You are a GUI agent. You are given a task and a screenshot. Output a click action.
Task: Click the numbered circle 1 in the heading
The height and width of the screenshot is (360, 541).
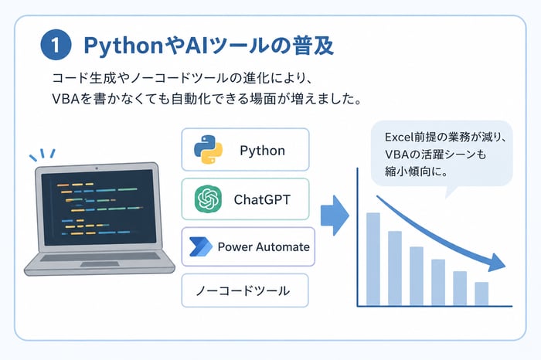pyautogui.click(x=56, y=45)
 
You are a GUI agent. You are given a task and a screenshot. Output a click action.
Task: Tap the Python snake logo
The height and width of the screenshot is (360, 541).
pyautogui.click(x=208, y=149)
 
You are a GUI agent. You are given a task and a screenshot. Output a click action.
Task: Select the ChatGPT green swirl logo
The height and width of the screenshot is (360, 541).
pyautogui.click(x=208, y=199)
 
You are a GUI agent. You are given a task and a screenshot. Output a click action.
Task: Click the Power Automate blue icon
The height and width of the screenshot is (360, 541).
pyautogui.click(x=200, y=246)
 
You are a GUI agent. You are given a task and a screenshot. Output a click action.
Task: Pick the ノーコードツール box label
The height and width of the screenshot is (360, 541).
pyautogui.click(x=243, y=290)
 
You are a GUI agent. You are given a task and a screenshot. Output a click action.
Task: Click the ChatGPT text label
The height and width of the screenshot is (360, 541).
pyautogui.click(x=262, y=199)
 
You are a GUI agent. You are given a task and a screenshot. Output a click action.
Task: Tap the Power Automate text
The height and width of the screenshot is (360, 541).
pyautogui.click(x=264, y=247)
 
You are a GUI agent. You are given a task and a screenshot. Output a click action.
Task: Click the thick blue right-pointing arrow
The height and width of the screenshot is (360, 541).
pyautogui.click(x=335, y=216)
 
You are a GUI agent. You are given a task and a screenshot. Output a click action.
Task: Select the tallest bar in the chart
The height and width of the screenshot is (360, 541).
pyautogui.click(x=373, y=259)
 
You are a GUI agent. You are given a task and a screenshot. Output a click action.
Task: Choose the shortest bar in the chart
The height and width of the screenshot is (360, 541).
pyautogui.click(x=481, y=294)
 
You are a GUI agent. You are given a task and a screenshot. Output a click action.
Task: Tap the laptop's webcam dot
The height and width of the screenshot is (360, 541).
pyautogui.click(x=97, y=168)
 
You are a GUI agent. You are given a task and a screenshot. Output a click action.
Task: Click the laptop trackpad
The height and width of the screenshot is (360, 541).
pyautogui.click(x=100, y=264)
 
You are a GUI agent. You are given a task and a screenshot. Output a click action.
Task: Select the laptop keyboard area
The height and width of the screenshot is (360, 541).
pyautogui.click(x=100, y=257)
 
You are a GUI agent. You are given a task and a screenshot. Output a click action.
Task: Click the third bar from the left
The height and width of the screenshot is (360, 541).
pyautogui.click(x=417, y=277)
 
